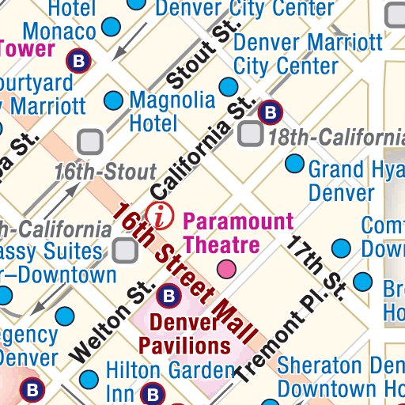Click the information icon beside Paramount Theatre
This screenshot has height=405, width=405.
[163, 214]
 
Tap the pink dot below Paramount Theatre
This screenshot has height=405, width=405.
[227, 269]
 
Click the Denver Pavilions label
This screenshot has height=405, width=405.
[185, 334]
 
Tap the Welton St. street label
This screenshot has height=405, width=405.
[110, 320]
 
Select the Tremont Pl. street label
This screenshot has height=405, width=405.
[279, 336]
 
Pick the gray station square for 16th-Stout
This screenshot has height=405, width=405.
[91, 142]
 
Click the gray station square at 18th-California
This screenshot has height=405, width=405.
[252, 134]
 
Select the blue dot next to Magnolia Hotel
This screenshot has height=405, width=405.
[114, 100]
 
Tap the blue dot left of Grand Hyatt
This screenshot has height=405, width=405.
[294, 165]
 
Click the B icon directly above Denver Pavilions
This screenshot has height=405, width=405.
[167, 297]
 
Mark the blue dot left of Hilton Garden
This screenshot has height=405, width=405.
[91, 378]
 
